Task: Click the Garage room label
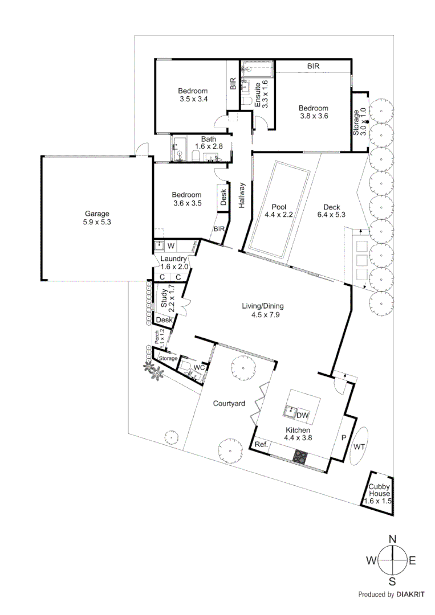pyautogui.click(x=95, y=214)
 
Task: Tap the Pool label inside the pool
pyautogui.click(x=279, y=207)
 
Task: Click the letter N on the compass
pyautogui.click(x=392, y=539)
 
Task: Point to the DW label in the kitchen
pyautogui.click(x=303, y=415)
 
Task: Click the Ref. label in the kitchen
pyautogui.click(x=262, y=444)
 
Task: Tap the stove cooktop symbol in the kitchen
pyautogui.click(x=300, y=456)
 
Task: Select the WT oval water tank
pyautogui.click(x=359, y=447)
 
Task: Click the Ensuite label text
pyautogui.click(x=258, y=95)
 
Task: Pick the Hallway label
pyautogui.click(x=242, y=195)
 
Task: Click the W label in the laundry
pyautogui.click(x=170, y=246)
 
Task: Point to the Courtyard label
pyautogui.click(x=229, y=404)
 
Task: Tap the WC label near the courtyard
pyautogui.click(x=198, y=368)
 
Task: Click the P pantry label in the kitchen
pyautogui.click(x=343, y=438)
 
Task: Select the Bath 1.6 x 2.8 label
pyautogui.click(x=208, y=142)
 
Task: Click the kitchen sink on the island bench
pyautogui.click(x=291, y=409)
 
